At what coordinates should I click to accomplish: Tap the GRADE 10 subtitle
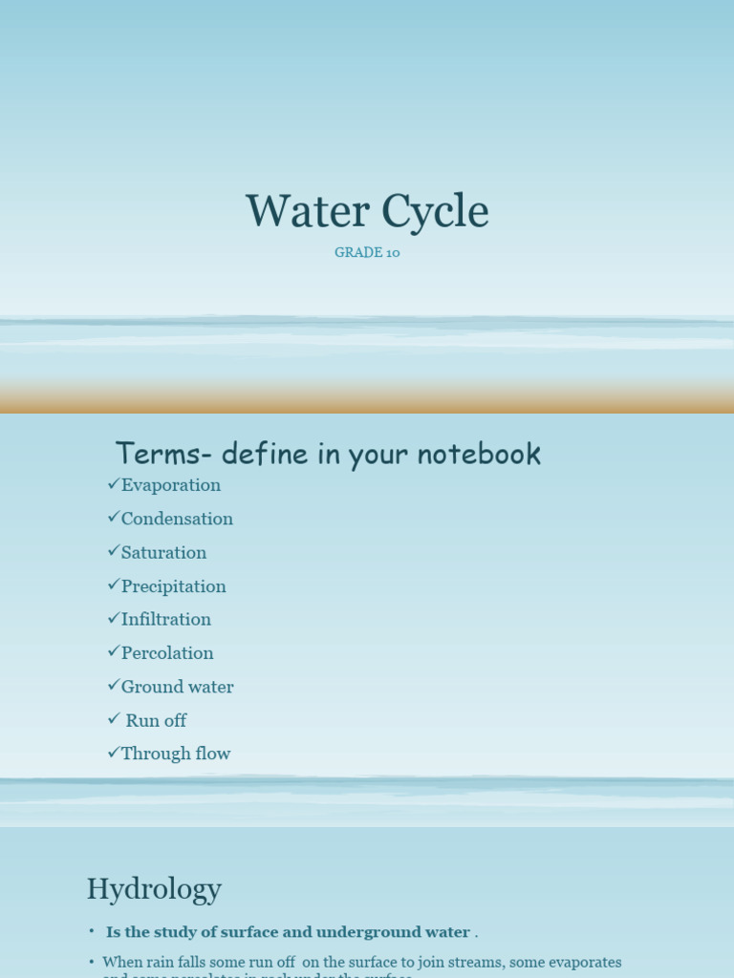(x=367, y=253)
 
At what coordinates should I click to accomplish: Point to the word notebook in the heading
(x=485, y=454)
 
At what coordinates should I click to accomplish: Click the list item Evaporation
(x=171, y=485)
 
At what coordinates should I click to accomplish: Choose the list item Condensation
(x=177, y=519)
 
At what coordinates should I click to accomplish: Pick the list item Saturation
(x=163, y=553)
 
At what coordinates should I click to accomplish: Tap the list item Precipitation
(x=174, y=586)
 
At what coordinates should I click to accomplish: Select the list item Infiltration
(x=166, y=620)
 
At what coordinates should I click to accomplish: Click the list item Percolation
(x=167, y=653)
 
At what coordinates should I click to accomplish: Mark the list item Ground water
(x=177, y=687)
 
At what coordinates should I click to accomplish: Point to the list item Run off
(x=156, y=720)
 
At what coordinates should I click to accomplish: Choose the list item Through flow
(x=176, y=754)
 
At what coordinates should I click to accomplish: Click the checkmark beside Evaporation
(x=114, y=484)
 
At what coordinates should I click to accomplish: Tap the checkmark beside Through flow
(x=114, y=753)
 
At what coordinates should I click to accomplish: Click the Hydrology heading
(x=154, y=889)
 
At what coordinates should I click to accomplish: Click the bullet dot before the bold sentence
(x=92, y=931)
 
